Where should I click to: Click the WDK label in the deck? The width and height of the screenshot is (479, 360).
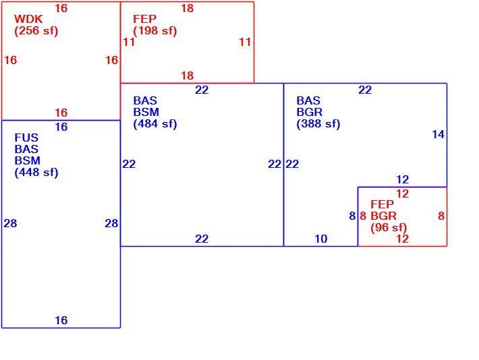[x=28, y=19]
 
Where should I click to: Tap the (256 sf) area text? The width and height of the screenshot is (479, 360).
[x=36, y=31]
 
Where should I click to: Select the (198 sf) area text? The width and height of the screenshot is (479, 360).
[x=155, y=31]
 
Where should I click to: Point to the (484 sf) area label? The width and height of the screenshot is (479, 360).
[x=155, y=124]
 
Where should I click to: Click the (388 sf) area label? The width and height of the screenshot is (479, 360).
[x=318, y=124]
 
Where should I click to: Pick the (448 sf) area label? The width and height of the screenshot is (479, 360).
[x=36, y=173]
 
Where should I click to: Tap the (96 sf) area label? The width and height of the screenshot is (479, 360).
[x=389, y=228]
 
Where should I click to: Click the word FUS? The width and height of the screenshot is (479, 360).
[x=26, y=138]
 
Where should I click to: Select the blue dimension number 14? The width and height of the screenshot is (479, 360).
[x=438, y=134]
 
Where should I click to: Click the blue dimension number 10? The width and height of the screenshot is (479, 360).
[x=320, y=239]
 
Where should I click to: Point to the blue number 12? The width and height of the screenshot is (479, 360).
[x=402, y=179]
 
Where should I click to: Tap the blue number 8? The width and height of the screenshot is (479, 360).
[x=352, y=216]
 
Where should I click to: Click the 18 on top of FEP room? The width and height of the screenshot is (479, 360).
[x=187, y=8]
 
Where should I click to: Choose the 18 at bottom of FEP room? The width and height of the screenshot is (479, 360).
[x=187, y=76]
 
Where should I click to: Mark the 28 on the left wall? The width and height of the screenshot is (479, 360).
[x=10, y=224]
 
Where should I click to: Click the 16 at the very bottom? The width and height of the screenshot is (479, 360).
[x=61, y=321]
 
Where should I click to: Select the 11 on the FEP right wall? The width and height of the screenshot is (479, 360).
[x=245, y=42]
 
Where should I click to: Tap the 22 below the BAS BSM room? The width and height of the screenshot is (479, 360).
[x=202, y=239]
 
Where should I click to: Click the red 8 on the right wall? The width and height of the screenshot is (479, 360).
[x=441, y=216]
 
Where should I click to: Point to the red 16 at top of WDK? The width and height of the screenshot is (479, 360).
[x=61, y=8]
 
